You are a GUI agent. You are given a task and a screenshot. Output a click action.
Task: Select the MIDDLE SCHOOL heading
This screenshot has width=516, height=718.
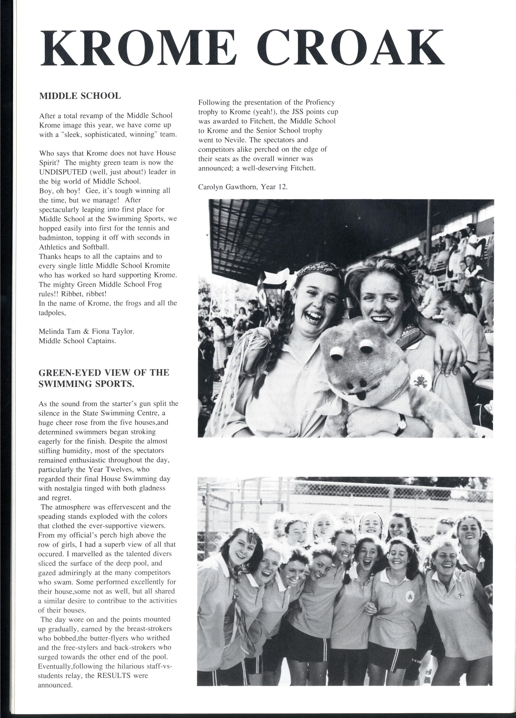[x=80, y=96]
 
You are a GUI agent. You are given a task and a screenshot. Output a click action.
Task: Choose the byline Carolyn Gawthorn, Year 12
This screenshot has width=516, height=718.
[x=243, y=187]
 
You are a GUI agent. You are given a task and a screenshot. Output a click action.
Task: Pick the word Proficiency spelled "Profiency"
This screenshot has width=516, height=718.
[x=320, y=102]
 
